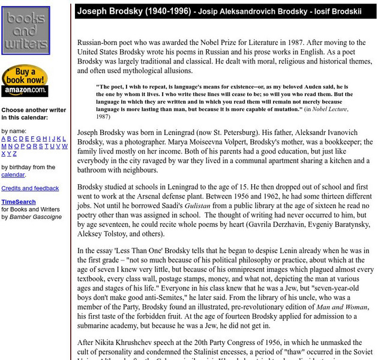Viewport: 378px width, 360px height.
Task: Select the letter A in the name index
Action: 4,139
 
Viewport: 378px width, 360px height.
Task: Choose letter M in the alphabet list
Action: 4,146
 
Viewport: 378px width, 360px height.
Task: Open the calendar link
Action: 13,175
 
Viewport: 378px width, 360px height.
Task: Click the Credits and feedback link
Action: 30,188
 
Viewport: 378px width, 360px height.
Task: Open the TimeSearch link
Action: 18,202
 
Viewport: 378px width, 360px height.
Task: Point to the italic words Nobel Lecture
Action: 328,109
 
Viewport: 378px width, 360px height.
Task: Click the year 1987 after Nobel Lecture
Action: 104,116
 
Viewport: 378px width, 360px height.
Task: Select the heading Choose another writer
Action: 34,110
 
